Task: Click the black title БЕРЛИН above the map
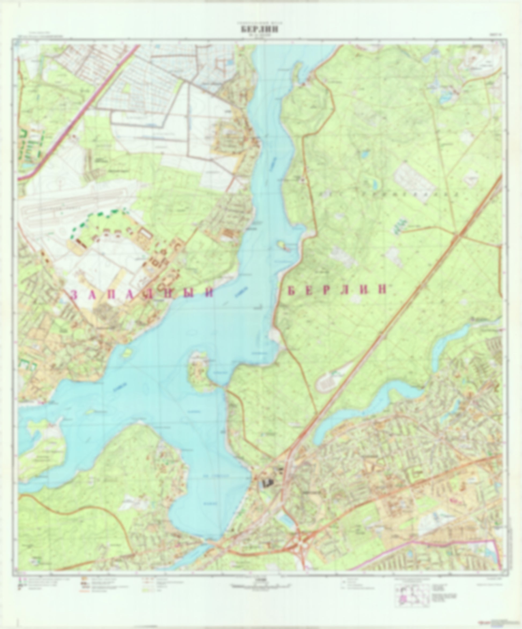pos(259,29)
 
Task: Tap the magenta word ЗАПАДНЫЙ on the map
pos(142,294)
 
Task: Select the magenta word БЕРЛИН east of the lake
pos(337,290)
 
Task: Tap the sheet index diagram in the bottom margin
pos(412,597)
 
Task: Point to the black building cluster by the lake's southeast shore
pos(267,482)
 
